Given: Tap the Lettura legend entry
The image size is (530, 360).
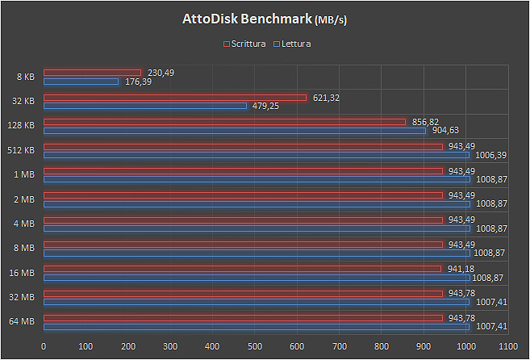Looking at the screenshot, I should click(294, 44).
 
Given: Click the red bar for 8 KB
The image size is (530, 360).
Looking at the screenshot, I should click(92, 73).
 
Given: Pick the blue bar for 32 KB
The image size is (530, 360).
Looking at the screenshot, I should click(145, 106).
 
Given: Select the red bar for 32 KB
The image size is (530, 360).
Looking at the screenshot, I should click(175, 98).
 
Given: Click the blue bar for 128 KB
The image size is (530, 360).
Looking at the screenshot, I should click(234, 130).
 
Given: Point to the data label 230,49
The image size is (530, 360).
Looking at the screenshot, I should click(161, 73).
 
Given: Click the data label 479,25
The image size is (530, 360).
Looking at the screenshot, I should click(266, 106).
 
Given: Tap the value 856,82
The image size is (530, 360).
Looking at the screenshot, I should click(425, 122).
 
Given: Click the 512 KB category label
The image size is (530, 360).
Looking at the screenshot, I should click(20, 150).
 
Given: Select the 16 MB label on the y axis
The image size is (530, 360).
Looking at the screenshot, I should click(22, 273).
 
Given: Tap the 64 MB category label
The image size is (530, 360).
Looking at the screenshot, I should click(22, 322).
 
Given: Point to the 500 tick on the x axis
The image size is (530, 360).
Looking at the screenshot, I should click(255, 346).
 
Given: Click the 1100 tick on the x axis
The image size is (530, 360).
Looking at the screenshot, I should click(508, 346).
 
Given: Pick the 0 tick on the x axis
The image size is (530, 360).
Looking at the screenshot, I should click(44, 346).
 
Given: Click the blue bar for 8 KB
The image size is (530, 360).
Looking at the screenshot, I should click(81, 82).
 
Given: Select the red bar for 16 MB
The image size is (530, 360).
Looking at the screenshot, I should click(242, 269).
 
